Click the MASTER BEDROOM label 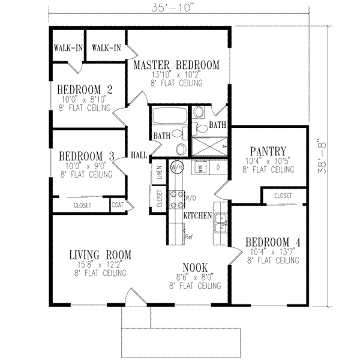pos(176,65)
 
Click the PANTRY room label pos(269,151)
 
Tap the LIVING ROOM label pos(100,254)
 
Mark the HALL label pos(139,154)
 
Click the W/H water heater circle pos(176,166)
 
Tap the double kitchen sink pos(220,222)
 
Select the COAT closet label pos(118,205)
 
